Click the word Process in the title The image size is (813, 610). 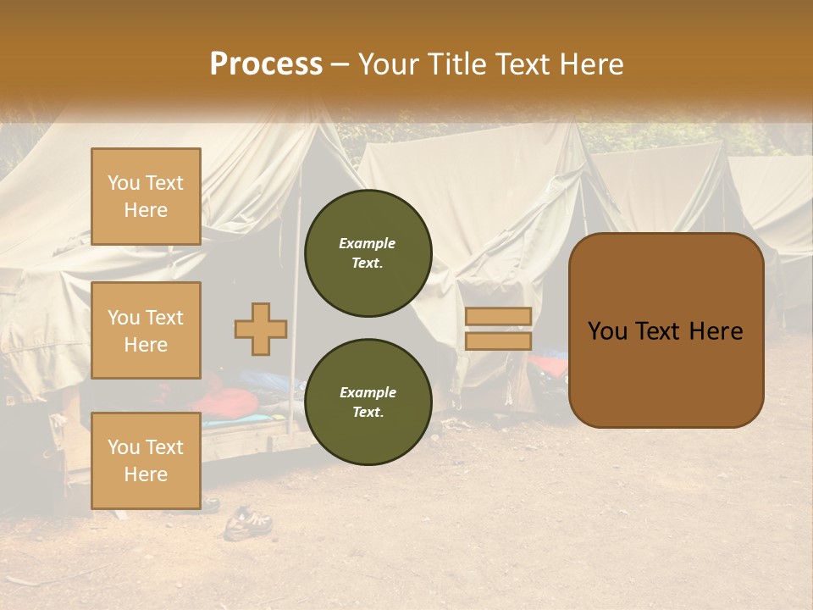click(266, 64)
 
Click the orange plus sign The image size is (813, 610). click(261, 329)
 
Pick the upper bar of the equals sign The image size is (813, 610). click(498, 316)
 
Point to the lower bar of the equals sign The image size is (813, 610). click(498, 341)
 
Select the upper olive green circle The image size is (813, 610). click(368, 253)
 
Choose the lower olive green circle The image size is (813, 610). click(368, 402)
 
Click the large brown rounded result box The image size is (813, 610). click(666, 330)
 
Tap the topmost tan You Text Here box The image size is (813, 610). click(146, 197)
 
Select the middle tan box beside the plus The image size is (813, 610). click(146, 330)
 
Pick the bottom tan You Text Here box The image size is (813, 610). click(146, 460)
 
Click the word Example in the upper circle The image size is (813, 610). click(368, 243)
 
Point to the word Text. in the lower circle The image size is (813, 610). click(368, 413)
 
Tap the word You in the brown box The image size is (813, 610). click(606, 331)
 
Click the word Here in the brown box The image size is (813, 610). click(715, 331)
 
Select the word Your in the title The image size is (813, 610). click(389, 64)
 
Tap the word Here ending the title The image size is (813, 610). click(593, 64)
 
